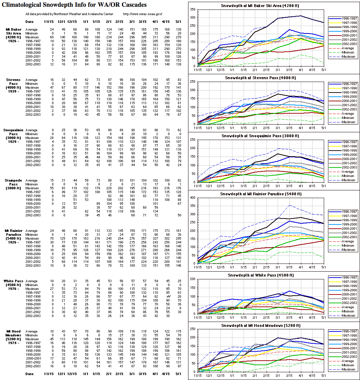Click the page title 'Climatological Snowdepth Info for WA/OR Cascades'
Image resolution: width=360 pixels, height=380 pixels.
(74, 5)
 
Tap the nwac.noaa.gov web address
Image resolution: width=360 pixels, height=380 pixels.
(143, 14)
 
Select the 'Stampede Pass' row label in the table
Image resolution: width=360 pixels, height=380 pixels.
(14, 182)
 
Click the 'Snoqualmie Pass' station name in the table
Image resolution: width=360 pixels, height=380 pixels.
(14, 132)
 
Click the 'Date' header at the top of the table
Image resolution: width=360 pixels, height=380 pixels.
(30, 22)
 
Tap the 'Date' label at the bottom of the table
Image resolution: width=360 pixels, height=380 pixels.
(30, 373)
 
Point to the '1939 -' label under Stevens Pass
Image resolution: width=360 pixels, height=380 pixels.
(14, 91)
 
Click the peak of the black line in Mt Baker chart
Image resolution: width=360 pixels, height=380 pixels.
(301, 16)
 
